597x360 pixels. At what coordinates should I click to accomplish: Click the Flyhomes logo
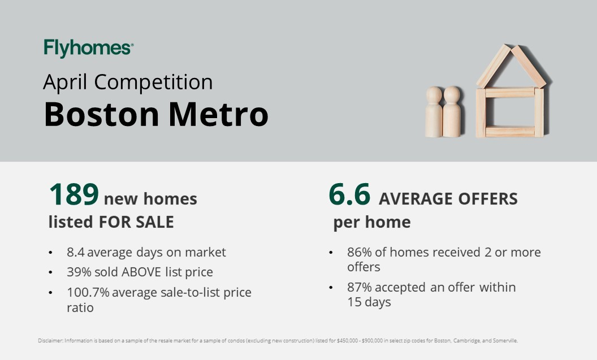pos(88,48)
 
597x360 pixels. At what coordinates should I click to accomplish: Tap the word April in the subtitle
pos(65,83)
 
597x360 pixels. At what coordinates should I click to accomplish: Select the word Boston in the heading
pos(101,114)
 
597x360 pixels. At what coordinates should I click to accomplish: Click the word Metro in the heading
pos(219,114)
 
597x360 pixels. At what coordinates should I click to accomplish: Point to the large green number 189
pos(74,194)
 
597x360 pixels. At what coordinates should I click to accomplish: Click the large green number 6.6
pos(349,194)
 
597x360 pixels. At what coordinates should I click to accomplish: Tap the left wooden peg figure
pos(434,112)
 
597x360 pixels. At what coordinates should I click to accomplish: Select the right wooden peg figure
pos(452,111)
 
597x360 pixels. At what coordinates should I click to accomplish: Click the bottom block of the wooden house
pos(510,131)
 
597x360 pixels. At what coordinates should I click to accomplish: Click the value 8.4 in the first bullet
pos(76,252)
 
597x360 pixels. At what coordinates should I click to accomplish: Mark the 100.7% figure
pos(88,292)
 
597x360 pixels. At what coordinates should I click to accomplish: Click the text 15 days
pos(369,302)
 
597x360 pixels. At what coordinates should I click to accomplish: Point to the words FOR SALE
pos(136,222)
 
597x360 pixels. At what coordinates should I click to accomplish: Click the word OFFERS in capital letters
pos(488,198)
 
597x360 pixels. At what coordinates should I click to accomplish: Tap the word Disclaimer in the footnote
pos(50,341)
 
